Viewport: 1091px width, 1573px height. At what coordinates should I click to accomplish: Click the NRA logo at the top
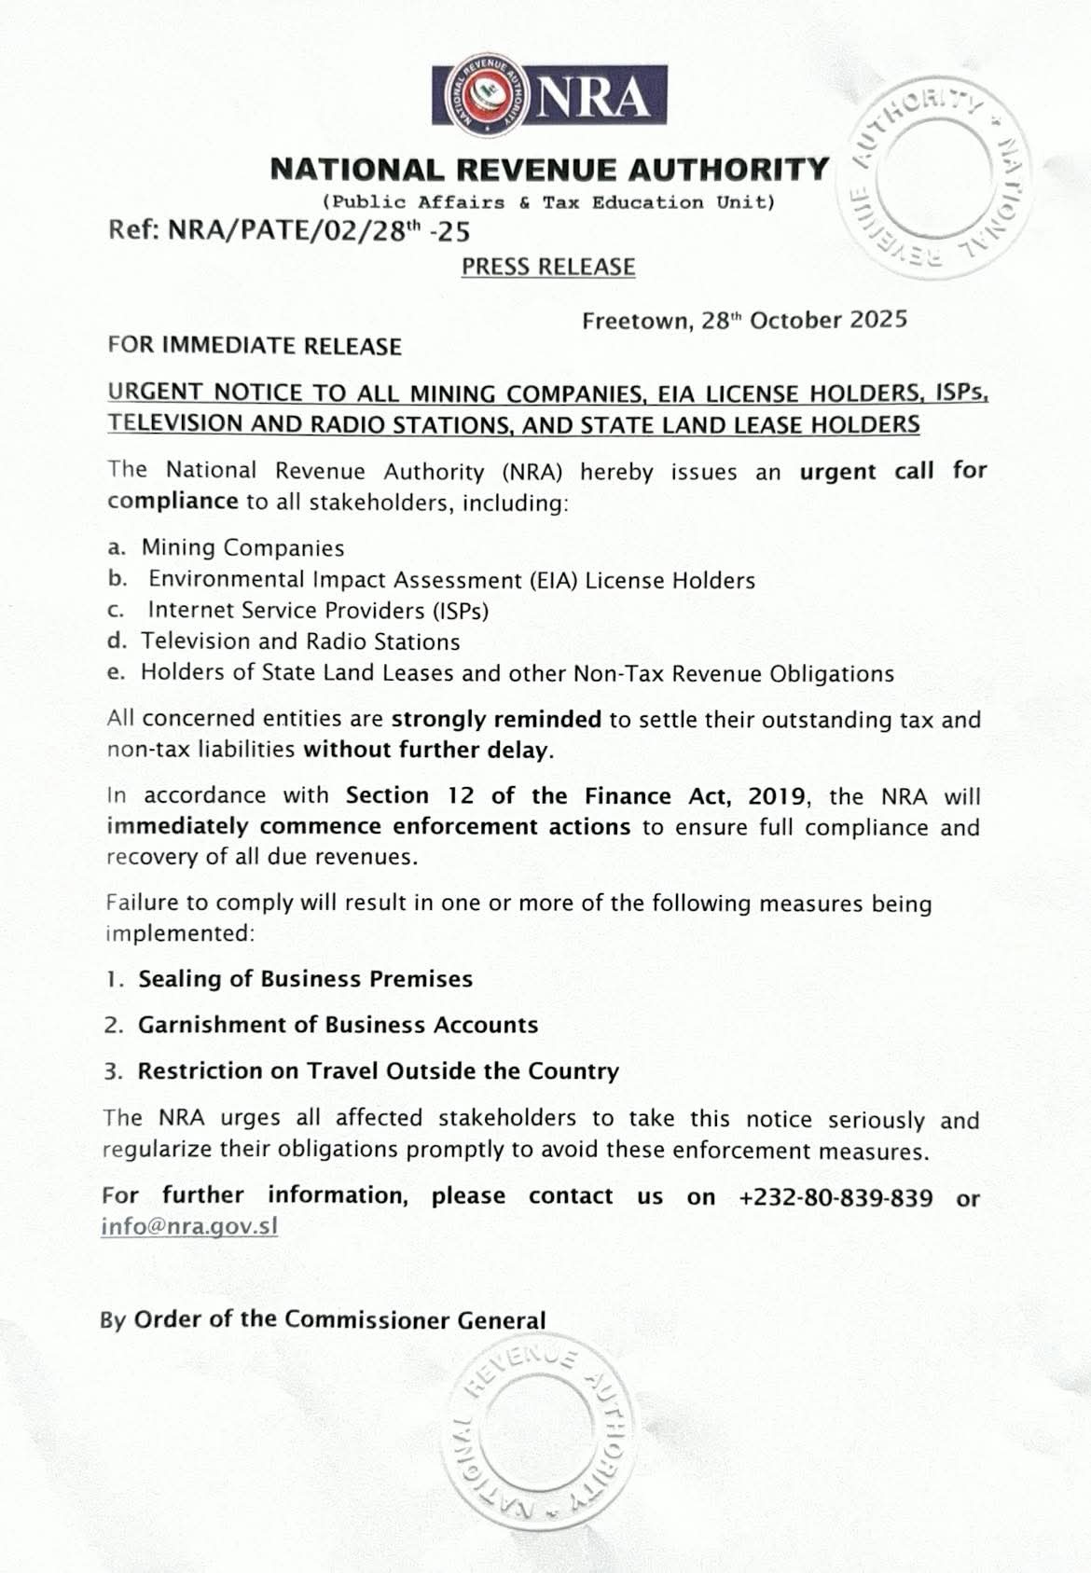tap(548, 95)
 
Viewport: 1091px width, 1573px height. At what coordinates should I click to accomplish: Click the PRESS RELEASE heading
tap(548, 267)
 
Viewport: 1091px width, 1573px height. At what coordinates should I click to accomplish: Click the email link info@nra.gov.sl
tap(189, 1225)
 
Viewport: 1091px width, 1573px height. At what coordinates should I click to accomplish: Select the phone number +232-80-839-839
tap(835, 1197)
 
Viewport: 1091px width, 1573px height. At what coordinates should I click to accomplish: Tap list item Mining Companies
tap(242, 548)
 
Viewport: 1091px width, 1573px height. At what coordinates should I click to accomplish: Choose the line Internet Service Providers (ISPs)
tap(318, 611)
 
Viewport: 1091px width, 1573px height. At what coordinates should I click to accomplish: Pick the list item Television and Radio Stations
tap(300, 642)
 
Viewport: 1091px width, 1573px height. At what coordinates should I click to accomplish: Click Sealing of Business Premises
tap(305, 979)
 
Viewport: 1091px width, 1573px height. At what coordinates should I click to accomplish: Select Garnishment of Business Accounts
tap(338, 1025)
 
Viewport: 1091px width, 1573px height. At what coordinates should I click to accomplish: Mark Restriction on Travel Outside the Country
tap(378, 1070)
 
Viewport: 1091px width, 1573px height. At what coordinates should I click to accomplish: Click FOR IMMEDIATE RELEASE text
tap(255, 346)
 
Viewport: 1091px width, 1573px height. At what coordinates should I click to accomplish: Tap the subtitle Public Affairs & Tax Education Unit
tap(548, 202)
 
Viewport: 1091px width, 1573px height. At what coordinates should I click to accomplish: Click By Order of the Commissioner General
tap(323, 1319)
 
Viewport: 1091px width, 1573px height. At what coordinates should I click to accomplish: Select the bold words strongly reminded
tap(496, 719)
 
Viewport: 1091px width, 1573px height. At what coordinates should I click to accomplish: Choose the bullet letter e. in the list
tap(116, 672)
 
